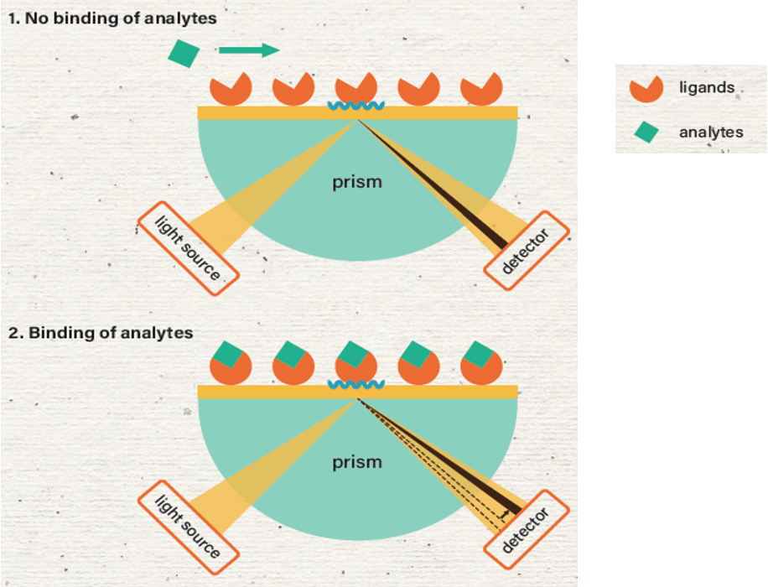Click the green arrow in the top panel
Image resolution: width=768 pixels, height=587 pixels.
(249, 50)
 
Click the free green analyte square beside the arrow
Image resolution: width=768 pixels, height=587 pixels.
(184, 54)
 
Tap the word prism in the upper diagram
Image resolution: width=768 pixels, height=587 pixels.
(357, 182)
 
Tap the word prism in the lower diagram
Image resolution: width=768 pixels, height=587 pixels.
(357, 462)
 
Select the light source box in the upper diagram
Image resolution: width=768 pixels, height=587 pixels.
(189, 248)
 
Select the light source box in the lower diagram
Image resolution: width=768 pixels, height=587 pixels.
(189, 527)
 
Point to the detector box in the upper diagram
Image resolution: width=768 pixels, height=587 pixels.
(527, 251)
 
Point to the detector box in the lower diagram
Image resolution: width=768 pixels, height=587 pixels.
(527, 530)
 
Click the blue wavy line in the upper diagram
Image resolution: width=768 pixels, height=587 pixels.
(356, 106)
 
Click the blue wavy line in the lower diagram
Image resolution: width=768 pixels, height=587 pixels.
(356, 385)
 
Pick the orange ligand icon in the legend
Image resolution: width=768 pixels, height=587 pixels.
(646, 89)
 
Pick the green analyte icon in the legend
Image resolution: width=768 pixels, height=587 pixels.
(646, 132)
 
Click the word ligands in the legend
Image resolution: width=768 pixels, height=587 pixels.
(707, 88)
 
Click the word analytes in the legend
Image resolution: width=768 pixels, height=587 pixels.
(711, 132)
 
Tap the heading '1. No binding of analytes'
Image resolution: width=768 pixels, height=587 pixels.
(112, 18)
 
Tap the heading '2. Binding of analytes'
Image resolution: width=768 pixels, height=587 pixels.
(101, 333)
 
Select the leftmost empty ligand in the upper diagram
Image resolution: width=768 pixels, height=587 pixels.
(231, 90)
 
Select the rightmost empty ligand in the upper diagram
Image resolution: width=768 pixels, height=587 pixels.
(481, 90)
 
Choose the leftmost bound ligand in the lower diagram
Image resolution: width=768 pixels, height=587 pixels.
(231, 363)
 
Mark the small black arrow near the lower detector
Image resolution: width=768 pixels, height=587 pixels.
(506, 513)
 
